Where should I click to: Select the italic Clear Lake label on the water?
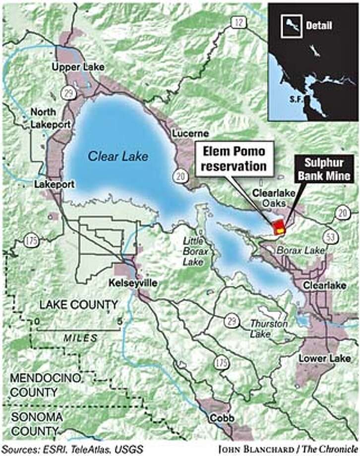118,156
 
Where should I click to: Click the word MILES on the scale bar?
80,338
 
